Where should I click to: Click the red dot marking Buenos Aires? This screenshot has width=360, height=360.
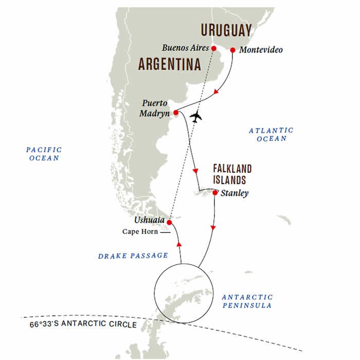click(x=214, y=49)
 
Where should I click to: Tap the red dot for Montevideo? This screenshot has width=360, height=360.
click(x=232, y=50)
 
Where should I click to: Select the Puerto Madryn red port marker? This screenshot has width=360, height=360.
click(x=176, y=112)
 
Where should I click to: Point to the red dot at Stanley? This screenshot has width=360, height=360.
click(x=214, y=193)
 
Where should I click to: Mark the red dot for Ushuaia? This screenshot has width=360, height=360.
click(x=169, y=222)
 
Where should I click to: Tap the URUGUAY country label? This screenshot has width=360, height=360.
click(x=226, y=30)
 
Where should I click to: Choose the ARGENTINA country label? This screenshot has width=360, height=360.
click(x=169, y=65)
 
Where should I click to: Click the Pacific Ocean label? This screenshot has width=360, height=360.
click(x=44, y=154)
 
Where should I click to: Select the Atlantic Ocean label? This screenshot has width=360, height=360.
click(x=271, y=135)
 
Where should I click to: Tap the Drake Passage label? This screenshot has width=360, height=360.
click(x=133, y=255)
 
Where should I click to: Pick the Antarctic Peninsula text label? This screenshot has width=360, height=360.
click(x=247, y=301)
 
